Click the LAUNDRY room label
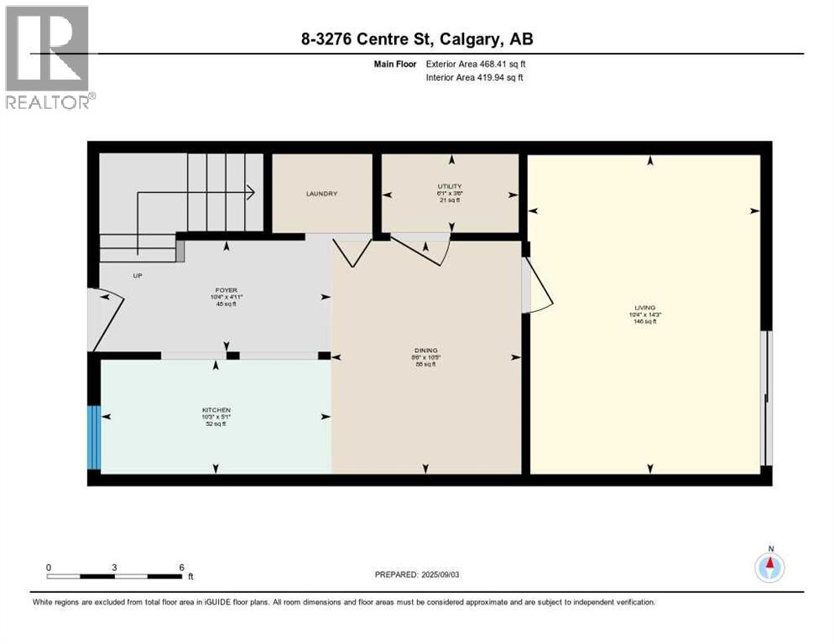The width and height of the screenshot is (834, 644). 321,194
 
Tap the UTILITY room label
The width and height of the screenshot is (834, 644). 449,186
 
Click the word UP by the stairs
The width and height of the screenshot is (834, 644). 137,274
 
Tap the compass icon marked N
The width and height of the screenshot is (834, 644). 769,568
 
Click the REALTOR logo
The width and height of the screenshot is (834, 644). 49,58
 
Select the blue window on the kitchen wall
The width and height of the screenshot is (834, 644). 95,437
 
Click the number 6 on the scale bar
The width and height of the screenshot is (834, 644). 181,567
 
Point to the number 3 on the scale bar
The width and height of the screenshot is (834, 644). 114,567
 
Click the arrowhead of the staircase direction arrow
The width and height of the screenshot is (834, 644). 251,192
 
